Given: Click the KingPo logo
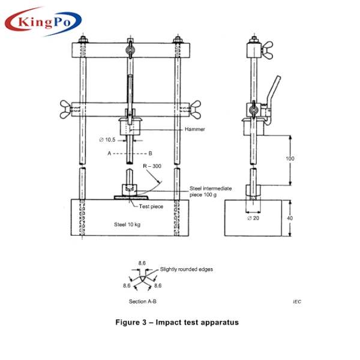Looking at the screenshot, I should (x=43, y=22).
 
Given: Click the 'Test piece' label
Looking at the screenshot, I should (x=151, y=206).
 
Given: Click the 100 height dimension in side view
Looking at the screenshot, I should (x=290, y=159).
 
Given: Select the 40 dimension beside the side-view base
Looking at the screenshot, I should (x=290, y=218).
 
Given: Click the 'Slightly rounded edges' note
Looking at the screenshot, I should (x=186, y=269).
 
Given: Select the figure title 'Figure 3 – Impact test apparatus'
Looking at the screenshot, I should (x=177, y=322).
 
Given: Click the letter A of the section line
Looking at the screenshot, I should (x=109, y=154).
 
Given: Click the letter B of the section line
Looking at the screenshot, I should (x=150, y=154).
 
